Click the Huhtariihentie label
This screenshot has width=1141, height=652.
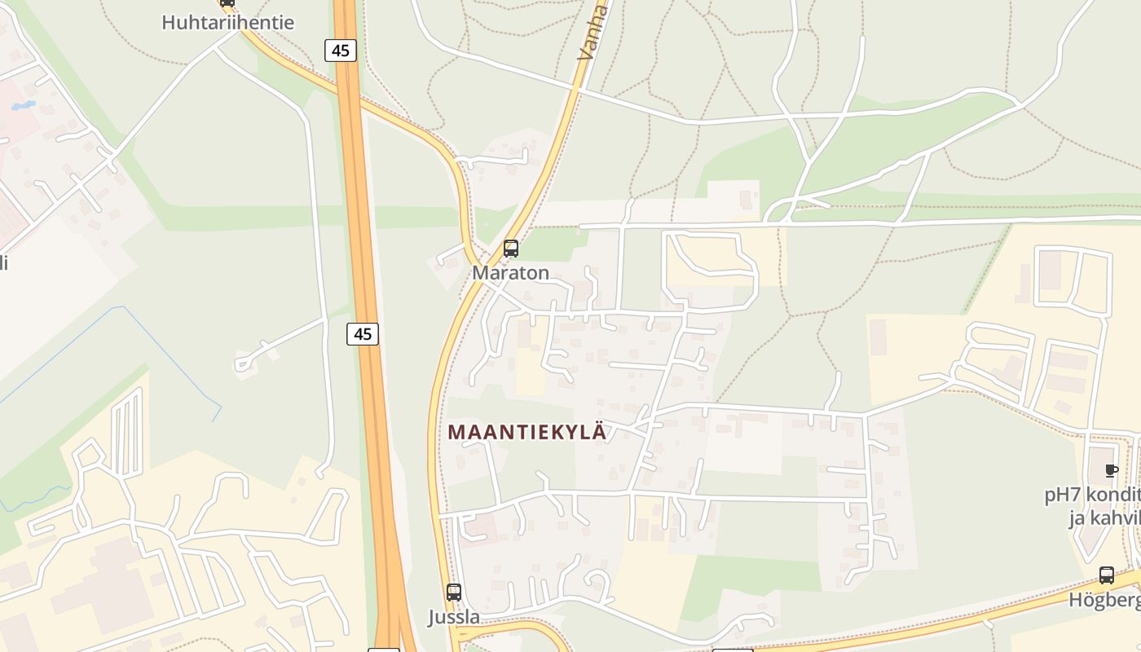[x=227, y=22]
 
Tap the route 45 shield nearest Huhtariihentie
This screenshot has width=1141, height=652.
[x=340, y=51]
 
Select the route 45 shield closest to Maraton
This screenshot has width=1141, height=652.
[x=363, y=333]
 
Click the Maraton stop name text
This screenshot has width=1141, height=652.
[x=511, y=273]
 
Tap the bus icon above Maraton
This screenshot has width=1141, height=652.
[x=511, y=249]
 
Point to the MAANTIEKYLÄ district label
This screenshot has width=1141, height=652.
[x=527, y=432]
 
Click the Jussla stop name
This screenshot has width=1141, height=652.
[x=454, y=618]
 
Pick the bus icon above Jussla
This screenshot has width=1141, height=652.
[x=454, y=593]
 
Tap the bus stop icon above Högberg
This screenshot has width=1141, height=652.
[x=1107, y=575]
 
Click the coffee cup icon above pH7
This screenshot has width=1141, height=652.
[x=1111, y=470]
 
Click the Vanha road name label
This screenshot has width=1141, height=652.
[x=593, y=33]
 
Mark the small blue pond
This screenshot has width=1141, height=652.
[x=23, y=106]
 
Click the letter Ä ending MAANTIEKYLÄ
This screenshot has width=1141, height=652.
[x=599, y=432]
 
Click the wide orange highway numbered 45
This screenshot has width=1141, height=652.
[x=373, y=407]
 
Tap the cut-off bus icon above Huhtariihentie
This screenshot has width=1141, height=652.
[x=227, y=2]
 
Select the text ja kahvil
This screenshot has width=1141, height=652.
[x=1104, y=519]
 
